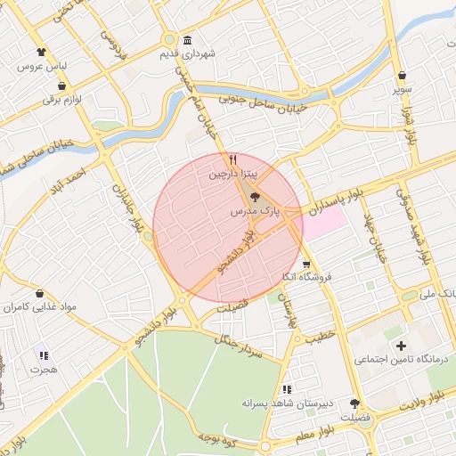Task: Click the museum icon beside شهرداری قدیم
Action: (187, 41)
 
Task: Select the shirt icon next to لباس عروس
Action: (41, 53)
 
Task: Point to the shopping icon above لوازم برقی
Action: (47, 86)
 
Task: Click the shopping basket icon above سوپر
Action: (403, 76)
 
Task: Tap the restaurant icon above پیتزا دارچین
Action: (232, 160)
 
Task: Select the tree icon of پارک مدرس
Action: (256, 198)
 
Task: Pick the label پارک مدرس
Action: (256, 213)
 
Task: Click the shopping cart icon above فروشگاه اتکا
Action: (306, 264)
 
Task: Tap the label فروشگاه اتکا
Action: (306, 277)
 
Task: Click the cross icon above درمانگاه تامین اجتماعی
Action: (400, 346)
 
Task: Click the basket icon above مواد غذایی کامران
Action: (40, 293)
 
